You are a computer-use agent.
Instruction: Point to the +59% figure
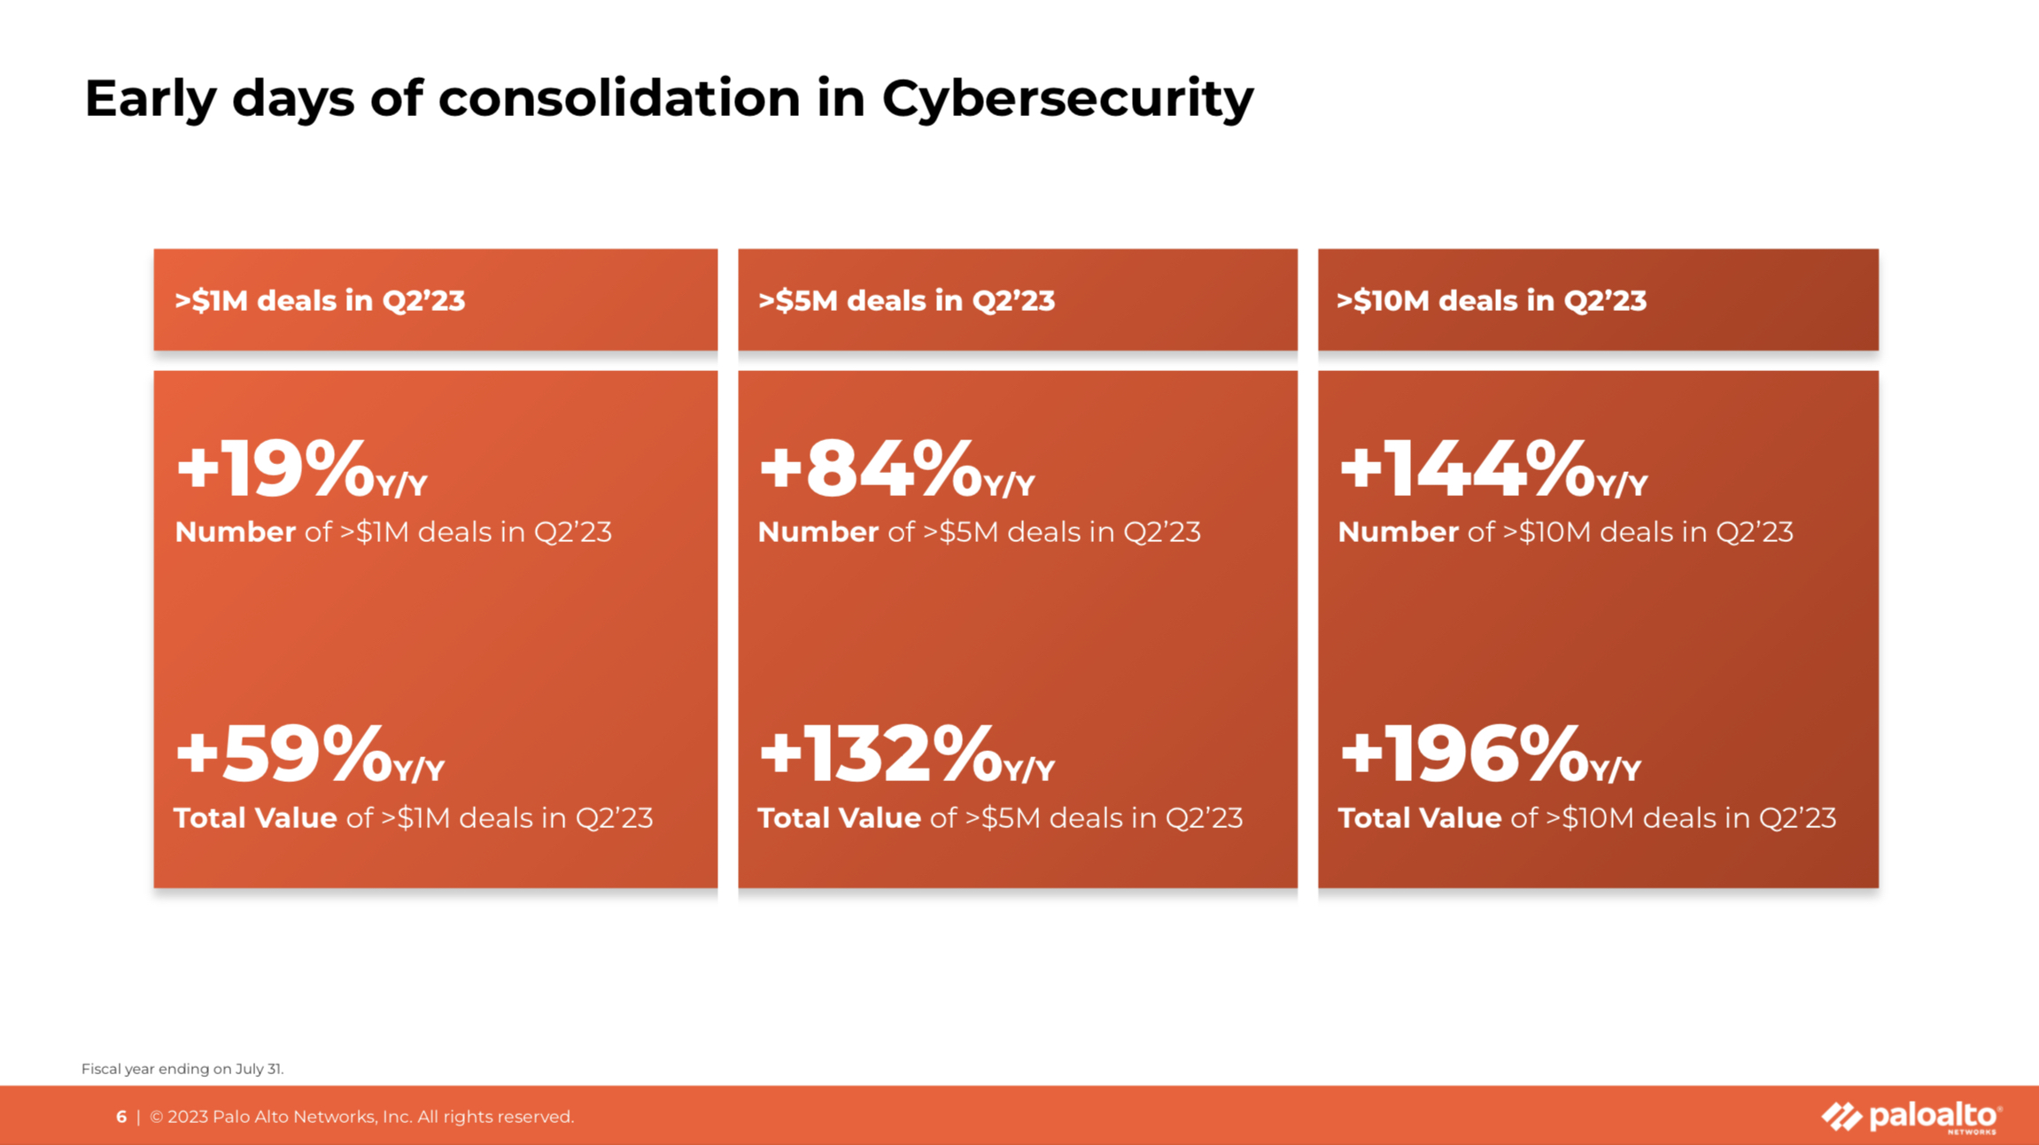284,754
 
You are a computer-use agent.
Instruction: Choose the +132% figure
880,754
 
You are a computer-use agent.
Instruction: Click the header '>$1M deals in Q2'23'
320,301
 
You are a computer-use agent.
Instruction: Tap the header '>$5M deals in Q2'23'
906,301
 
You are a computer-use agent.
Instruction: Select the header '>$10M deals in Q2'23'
1492,301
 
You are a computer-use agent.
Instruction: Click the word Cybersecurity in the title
1067,98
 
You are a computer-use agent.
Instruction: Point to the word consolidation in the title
619,97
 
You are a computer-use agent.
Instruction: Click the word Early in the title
150,98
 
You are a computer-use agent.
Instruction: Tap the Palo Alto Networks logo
1911,1117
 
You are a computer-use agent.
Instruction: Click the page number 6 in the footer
121,1118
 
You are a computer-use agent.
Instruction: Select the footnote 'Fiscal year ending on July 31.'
182,1069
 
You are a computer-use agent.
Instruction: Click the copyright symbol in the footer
157,1118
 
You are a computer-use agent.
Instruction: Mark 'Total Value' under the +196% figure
1419,818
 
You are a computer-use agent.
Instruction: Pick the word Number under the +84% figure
818,532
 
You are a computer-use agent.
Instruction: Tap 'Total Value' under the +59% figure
255,818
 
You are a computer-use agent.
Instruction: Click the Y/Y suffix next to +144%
1622,485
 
